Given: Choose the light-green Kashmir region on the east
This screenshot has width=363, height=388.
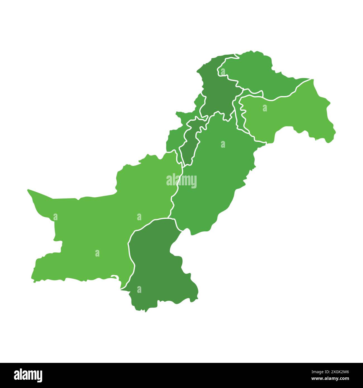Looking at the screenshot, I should tap(293, 114).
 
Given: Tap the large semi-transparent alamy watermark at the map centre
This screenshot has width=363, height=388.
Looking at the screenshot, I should tap(181, 181).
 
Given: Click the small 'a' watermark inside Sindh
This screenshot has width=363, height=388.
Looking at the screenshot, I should tap(139, 290).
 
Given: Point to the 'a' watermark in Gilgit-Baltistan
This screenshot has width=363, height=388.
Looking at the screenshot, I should tap(223, 72).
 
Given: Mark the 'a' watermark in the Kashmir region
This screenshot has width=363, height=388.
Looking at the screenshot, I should tap(265, 108).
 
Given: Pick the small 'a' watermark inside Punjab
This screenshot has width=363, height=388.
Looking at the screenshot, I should tap(223, 144).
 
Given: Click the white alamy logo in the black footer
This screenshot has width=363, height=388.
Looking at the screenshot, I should tap(28, 375).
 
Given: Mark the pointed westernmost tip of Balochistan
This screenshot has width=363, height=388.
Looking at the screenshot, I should tap(28, 190).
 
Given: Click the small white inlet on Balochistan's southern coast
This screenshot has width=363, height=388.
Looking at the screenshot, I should tap(114, 277).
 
